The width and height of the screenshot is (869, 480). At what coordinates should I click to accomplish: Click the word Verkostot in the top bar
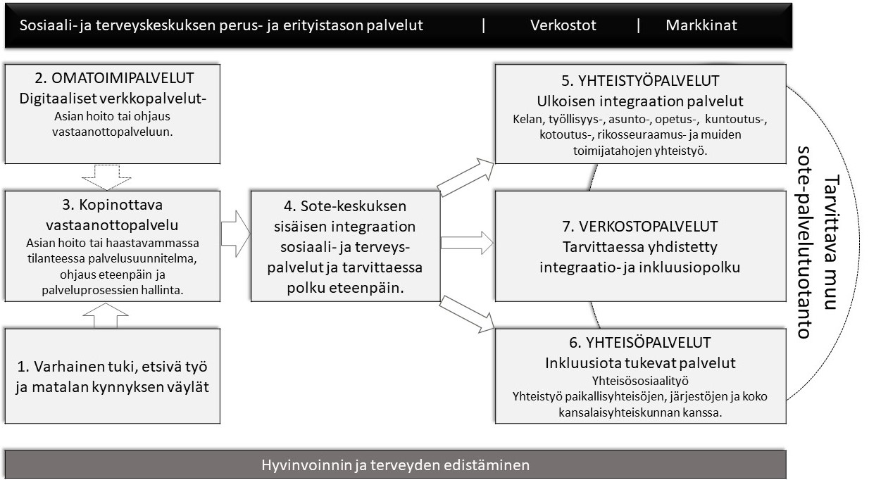563,25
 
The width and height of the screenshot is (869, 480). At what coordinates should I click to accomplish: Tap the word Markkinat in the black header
701,25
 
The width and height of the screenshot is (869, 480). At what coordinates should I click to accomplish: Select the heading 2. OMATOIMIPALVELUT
114,78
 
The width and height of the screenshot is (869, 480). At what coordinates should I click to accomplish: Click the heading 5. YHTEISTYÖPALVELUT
640,81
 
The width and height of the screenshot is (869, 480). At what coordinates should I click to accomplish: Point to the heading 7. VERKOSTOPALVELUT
640,227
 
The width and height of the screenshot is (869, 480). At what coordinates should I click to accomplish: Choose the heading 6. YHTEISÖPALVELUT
640,343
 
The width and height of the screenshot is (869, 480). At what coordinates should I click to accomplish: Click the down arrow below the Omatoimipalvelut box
106,177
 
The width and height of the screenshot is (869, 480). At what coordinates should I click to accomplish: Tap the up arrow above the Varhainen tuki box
106,315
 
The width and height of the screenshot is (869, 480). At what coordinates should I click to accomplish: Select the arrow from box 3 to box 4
236,234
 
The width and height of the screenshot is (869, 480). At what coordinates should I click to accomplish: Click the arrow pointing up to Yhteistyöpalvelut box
466,177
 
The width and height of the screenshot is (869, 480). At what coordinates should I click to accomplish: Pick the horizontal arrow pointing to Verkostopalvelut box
468,243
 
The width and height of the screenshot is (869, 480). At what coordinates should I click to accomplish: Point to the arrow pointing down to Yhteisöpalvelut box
467,314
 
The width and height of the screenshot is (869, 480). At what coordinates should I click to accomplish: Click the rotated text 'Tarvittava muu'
832,242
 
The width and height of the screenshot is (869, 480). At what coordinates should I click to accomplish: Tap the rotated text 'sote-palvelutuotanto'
805,242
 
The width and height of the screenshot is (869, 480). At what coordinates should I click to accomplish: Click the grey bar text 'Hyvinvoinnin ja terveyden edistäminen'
395,465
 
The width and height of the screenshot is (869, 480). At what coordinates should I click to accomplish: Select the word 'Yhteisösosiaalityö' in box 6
640,381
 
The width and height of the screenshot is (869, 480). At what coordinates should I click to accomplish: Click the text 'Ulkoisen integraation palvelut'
640,101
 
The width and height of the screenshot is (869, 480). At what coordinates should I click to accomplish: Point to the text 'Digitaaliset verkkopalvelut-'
113,99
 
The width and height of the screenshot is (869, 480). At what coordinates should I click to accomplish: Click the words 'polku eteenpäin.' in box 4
345,288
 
